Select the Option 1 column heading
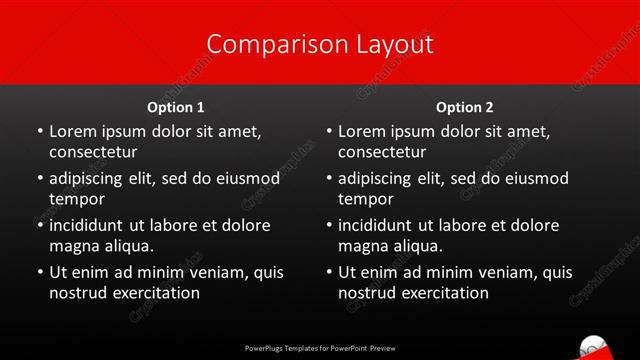pyautogui.click(x=176, y=107)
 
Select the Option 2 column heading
pyautogui.click(x=465, y=107)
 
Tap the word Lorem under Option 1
pyautogui.click(x=72, y=130)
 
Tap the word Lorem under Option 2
pyautogui.click(x=361, y=130)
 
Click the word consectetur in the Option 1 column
pyautogui.click(x=93, y=152)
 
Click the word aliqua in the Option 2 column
pyautogui.click(x=417, y=246)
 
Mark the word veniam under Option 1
pyautogui.click(x=212, y=272)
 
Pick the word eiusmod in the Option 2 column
pyautogui.click(x=537, y=178)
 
